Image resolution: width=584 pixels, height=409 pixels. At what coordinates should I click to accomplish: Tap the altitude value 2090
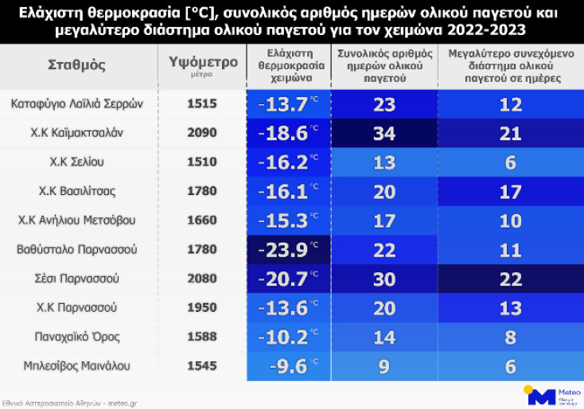point(202,133)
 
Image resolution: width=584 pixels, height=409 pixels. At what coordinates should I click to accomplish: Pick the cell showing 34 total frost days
point(384,133)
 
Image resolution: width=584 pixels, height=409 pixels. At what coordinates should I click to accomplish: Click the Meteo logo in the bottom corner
point(548,395)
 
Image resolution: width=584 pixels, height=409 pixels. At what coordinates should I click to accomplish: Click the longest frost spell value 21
point(510,133)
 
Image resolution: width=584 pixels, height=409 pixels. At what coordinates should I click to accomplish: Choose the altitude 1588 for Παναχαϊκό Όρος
point(202,337)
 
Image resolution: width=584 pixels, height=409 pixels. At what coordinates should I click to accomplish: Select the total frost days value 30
point(384,279)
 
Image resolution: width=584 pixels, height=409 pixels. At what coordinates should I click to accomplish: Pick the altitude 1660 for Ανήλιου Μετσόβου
point(202,220)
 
